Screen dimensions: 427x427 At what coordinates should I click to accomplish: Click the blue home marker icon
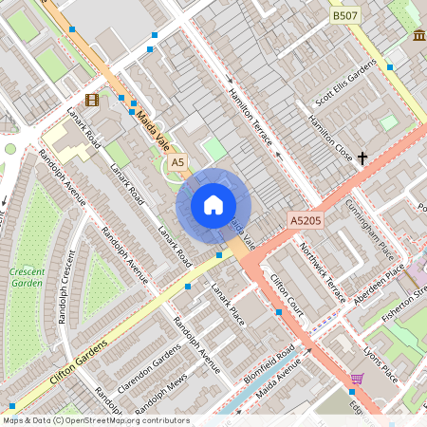pyautogui.click(x=213, y=205)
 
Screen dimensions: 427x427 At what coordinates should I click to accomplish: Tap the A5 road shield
pyautogui.click(x=177, y=163)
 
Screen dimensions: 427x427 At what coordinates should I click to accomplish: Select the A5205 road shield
pyautogui.click(x=306, y=220)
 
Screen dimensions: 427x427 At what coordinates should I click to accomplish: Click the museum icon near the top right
pyautogui.click(x=418, y=35)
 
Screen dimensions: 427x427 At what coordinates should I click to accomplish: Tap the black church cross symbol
pyautogui.click(x=362, y=158)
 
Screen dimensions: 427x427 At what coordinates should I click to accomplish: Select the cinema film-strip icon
pyautogui.click(x=91, y=99)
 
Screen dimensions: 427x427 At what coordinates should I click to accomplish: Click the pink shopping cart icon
pyautogui.click(x=357, y=379)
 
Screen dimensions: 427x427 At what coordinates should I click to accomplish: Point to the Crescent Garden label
pyautogui.click(x=27, y=277)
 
